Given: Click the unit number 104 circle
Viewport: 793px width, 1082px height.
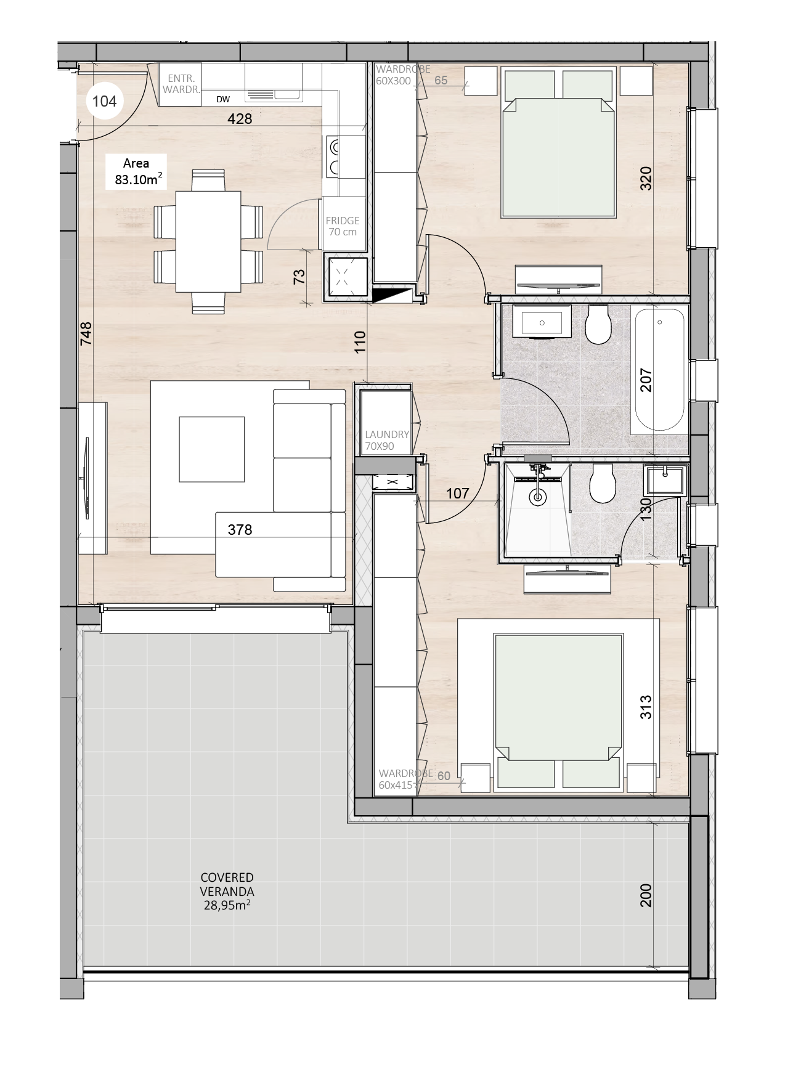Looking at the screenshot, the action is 104,101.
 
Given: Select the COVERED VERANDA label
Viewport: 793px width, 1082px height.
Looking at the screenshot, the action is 227,891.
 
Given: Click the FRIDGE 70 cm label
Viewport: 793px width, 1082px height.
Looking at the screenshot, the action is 343,226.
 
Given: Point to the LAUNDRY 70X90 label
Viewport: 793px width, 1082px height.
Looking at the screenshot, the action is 387,441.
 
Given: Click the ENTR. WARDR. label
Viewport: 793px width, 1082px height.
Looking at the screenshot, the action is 182,84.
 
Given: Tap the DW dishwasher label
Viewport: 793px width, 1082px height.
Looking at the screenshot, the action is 223,99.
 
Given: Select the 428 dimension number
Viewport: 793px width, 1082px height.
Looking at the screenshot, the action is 240,118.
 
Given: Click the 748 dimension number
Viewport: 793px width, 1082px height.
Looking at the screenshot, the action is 86,333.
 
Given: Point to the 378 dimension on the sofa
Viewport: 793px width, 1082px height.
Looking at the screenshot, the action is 240,529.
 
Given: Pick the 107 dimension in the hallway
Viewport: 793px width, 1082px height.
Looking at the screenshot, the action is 457,493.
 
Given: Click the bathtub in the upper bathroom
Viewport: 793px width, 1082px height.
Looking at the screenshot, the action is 659,370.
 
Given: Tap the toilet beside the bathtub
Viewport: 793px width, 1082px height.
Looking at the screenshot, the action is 597,325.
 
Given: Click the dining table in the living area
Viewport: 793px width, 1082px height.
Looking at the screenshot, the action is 208,242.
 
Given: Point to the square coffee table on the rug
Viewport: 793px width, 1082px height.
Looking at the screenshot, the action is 211,449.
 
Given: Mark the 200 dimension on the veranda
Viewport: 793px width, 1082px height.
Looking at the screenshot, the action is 645,895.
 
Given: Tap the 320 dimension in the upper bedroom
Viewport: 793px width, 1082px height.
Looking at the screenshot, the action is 645,178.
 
